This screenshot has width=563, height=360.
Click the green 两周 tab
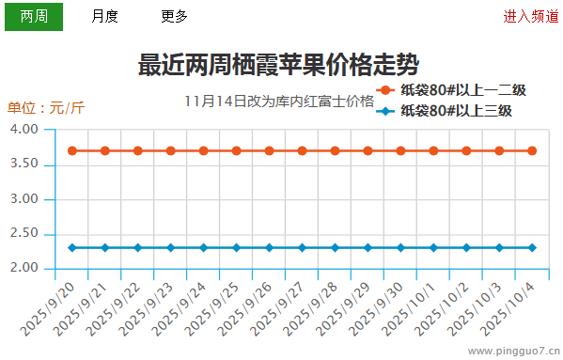coord(34,16)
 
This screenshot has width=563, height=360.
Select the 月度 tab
coord(104,16)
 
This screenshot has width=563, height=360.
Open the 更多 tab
coord(174,16)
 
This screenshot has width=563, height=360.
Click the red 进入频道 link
coord(530,16)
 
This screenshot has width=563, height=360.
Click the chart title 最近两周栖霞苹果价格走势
coord(278,66)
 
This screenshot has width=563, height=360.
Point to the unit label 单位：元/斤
coord(46,107)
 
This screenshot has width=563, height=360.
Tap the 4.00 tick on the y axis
coord(24,129)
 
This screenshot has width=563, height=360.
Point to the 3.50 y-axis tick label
coord(24,164)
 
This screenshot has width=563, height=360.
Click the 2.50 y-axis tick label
coord(24,233)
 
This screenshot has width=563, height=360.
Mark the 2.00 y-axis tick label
coord(24,268)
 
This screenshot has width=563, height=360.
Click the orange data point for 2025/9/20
coord(72,150)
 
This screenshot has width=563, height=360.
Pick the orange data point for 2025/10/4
coord(532,150)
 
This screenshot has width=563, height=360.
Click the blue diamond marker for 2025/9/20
coord(72,247)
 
